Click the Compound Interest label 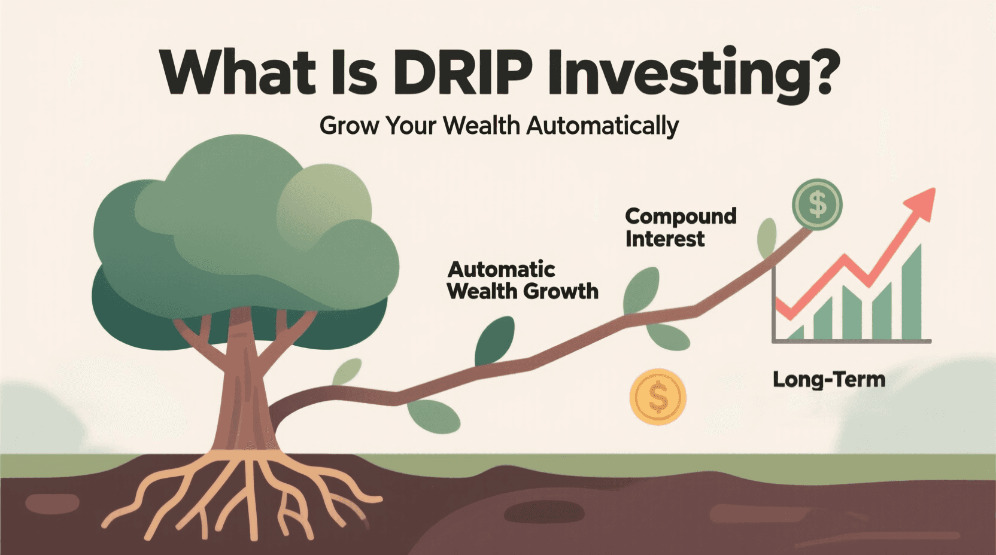(680, 227)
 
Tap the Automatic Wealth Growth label (522, 280)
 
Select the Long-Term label (828, 379)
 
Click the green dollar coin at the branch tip (817, 205)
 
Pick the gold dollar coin (657, 397)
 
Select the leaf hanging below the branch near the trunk (434, 416)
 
